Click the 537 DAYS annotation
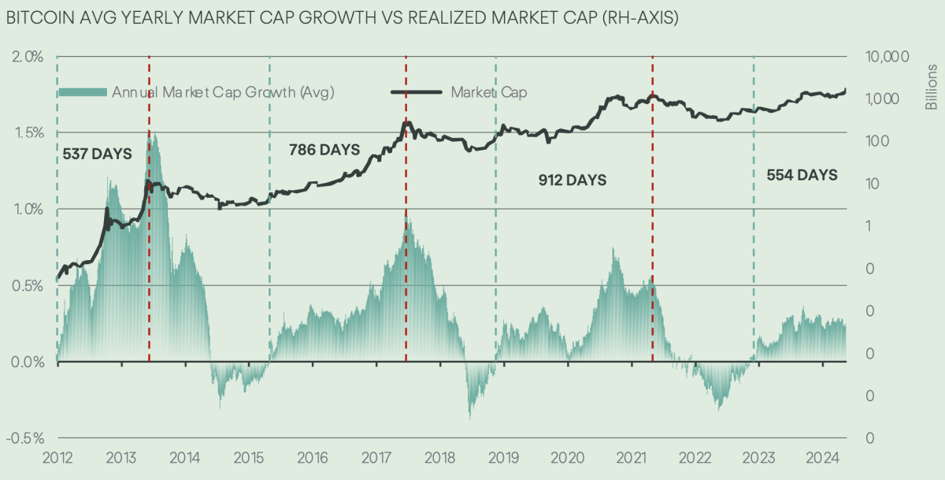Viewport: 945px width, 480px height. click(x=97, y=154)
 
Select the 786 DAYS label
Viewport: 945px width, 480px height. click(x=324, y=149)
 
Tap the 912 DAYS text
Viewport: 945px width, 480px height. click(x=573, y=180)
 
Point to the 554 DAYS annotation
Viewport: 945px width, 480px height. click(x=802, y=175)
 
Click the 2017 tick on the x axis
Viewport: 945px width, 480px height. click(x=375, y=458)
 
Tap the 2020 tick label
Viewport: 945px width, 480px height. click(x=567, y=458)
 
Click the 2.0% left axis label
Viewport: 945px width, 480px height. click(x=27, y=57)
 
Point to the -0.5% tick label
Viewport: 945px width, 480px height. click(x=25, y=438)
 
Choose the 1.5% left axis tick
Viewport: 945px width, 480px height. click(x=27, y=132)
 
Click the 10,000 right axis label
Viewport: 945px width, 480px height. click(x=887, y=57)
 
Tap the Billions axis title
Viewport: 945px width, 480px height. click(x=932, y=88)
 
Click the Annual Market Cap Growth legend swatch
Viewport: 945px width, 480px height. click(x=83, y=92)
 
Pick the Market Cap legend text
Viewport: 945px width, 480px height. click(x=488, y=92)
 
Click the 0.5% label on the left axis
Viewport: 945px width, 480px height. click(x=27, y=285)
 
